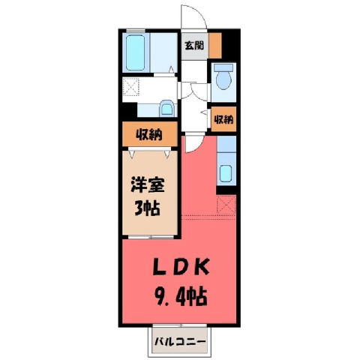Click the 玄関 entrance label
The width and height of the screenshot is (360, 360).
click(194, 46)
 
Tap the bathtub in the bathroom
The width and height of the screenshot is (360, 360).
click(135, 52)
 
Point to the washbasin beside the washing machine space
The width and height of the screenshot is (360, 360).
click(166, 108)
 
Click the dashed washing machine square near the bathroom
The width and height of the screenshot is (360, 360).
click(130, 86)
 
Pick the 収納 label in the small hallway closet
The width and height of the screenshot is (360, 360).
click(223, 119)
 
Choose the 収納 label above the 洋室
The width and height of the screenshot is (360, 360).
click(149, 135)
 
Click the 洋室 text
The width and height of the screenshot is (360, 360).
click(148, 184)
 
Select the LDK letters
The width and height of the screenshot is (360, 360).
click(181, 267)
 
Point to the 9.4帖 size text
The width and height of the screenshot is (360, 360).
click(181, 297)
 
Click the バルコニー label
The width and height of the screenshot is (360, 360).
click(180, 341)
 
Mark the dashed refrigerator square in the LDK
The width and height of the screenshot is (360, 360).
click(226, 205)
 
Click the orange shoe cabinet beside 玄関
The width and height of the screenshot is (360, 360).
click(215, 46)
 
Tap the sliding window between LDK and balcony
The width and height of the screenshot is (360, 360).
click(180, 325)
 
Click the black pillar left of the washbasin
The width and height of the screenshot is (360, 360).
click(130, 110)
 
